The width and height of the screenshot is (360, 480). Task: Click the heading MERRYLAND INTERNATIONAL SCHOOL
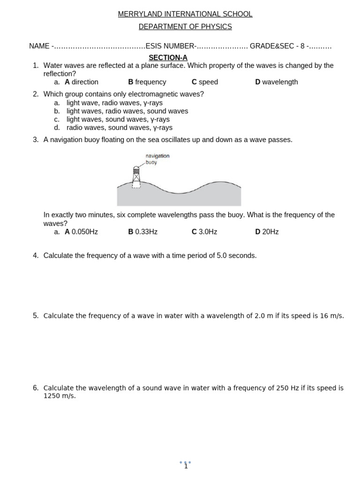185,14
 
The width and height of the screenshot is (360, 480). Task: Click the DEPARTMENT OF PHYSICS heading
185,27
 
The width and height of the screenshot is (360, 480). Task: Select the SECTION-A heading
168,58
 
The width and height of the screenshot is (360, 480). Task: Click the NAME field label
39,46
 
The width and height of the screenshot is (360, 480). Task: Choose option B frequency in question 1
147,82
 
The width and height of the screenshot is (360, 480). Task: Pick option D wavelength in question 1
277,82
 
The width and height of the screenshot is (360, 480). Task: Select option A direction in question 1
82,82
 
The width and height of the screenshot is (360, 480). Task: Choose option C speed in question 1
205,82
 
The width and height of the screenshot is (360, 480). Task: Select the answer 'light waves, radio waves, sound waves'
127,111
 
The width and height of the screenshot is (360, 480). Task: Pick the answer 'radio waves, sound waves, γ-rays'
119,127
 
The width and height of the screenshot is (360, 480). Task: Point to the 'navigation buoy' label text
157,159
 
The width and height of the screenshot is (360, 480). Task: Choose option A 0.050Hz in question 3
81,232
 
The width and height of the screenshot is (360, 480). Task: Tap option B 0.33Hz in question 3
143,232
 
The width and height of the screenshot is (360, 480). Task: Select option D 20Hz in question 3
267,232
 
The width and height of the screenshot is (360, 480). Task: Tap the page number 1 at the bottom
186,466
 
